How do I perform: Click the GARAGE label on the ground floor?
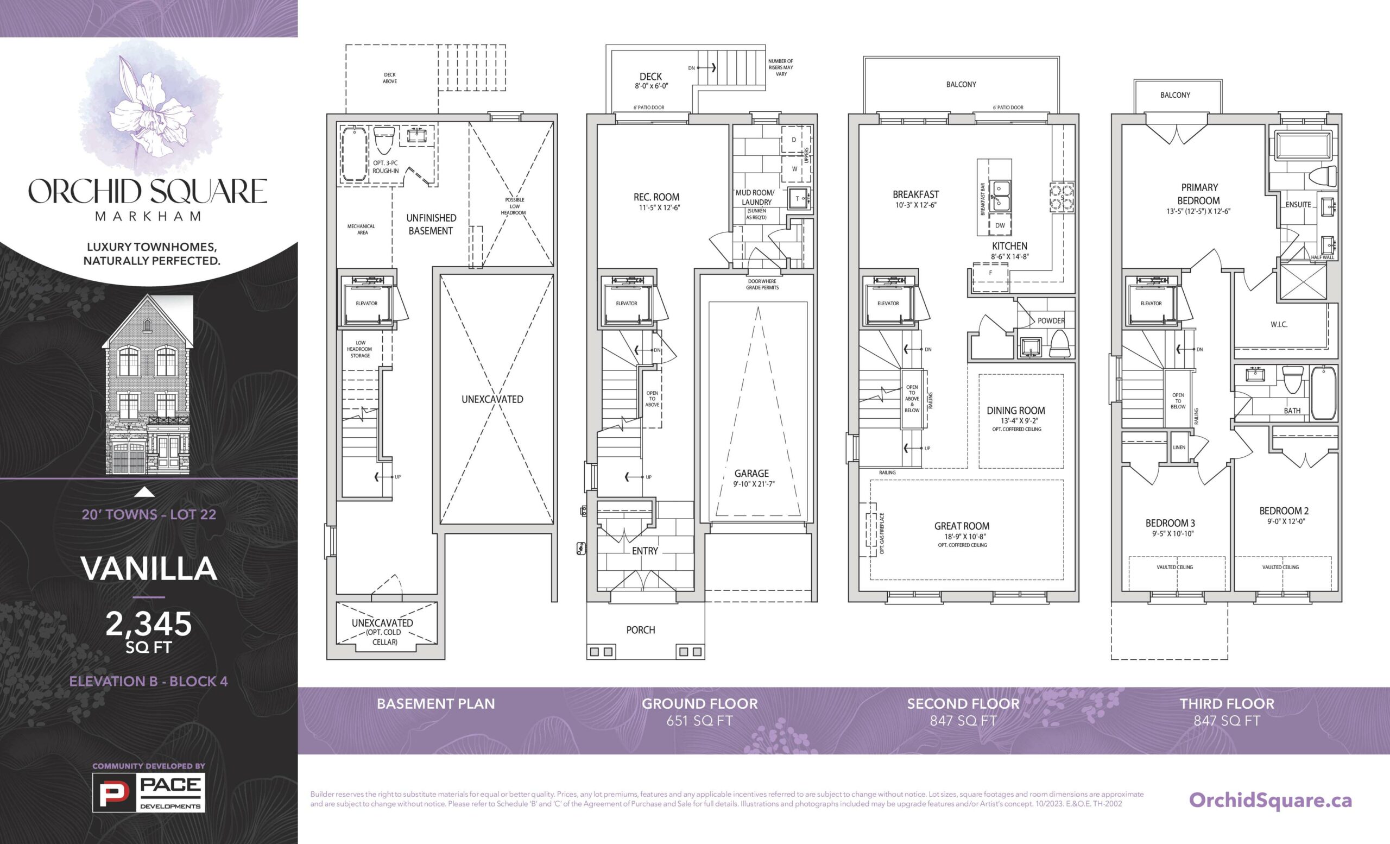(751, 474)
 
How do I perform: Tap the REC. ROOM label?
(656, 197)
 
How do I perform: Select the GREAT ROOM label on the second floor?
(962, 526)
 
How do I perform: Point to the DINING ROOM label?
(1015, 411)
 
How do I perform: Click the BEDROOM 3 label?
(1170, 523)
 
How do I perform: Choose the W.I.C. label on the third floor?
(1279, 324)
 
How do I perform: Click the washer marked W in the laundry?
(794, 169)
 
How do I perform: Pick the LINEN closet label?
(1179, 448)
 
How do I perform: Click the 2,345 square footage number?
(149, 624)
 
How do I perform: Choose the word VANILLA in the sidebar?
(149, 568)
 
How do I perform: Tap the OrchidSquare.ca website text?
(1271, 800)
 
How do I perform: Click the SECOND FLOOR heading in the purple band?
(963, 703)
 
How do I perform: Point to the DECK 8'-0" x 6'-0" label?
(651, 81)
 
